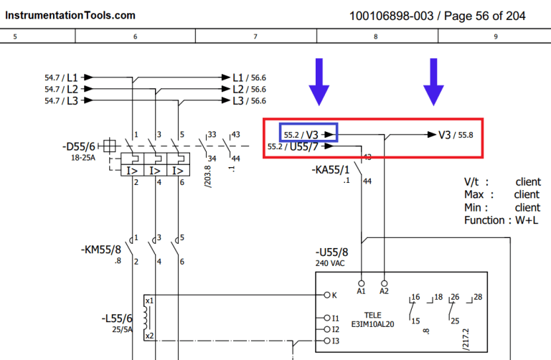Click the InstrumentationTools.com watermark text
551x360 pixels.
pos(68,14)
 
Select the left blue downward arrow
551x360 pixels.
pos(319,82)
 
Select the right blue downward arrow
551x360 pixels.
pos(433,82)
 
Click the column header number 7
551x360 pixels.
pos(256,36)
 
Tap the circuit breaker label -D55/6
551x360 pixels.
pos(78,146)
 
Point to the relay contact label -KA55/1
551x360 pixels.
pos(331,170)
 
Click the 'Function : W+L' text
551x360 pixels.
pos(501,220)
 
